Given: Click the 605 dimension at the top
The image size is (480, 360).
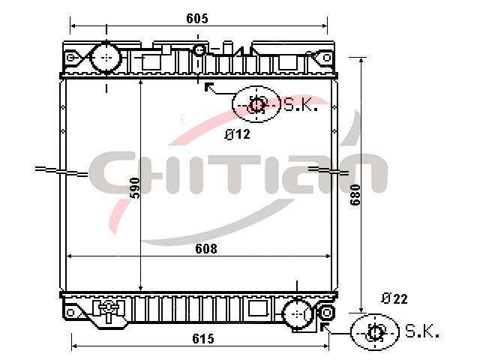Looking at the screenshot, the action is pos(197,18).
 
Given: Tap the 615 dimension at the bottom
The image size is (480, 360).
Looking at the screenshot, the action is pos(203,338).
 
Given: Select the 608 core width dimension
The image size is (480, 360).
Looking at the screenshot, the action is pos(206,248).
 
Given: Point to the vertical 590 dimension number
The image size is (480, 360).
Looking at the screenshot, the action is pos(135,187).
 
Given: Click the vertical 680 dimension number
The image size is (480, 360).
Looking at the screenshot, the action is pos(355,195).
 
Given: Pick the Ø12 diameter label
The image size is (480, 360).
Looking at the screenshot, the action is pos(237,134).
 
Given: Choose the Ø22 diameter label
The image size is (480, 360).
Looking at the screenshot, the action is pos(394,298).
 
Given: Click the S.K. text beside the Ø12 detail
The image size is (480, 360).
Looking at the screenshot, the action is pos(301,105).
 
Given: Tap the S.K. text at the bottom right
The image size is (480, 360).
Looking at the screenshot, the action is pos(422,331).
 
